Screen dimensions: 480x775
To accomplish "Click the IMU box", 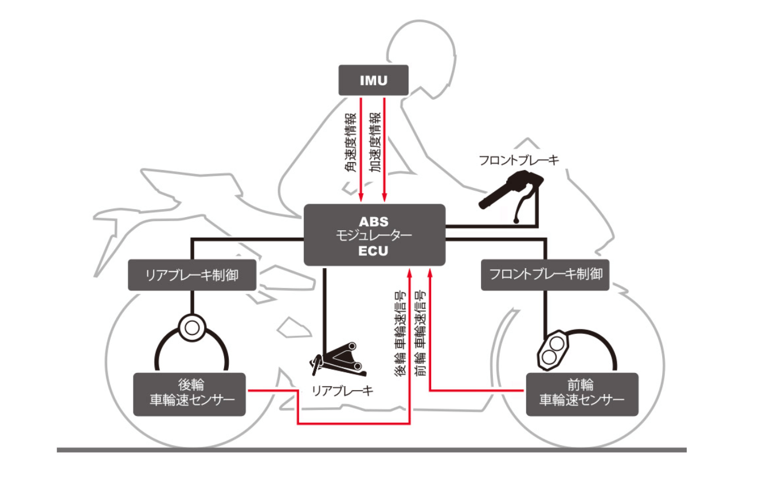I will click(x=374, y=80).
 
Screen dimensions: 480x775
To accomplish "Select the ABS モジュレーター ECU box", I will click(x=374, y=235).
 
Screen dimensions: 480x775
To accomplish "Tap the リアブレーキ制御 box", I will click(x=191, y=275).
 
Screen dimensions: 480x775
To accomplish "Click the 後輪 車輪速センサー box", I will click(x=189, y=394).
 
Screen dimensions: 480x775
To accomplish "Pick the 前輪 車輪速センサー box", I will click(x=582, y=394).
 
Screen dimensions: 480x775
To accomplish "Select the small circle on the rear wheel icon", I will click(x=191, y=328).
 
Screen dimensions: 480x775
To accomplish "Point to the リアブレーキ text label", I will click(x=342, y=391).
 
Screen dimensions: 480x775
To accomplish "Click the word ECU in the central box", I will click(x=374, y=250).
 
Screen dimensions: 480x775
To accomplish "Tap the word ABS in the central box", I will click(x=374, y=221).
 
